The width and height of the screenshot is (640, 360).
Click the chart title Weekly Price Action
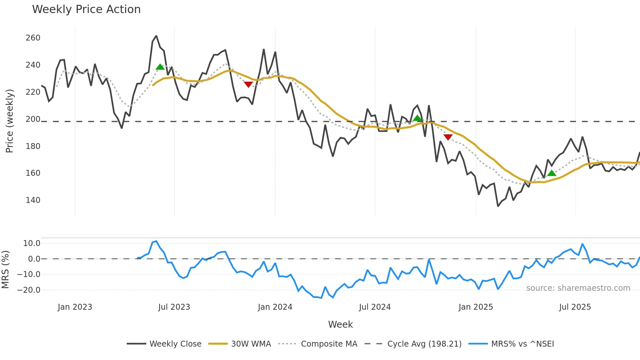(86, 9)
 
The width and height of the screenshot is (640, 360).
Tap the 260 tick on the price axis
(33, 38)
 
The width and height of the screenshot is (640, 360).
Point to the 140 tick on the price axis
(33, 200)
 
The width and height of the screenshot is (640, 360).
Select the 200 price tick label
(33, 119)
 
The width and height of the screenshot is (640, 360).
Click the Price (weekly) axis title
(10, 121)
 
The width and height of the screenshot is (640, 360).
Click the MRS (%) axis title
(5, 270)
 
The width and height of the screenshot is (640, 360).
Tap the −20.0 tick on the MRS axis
(29, 290)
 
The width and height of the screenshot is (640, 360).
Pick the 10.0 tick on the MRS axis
(32, 243)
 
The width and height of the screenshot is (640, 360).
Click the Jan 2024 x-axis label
(275, 307)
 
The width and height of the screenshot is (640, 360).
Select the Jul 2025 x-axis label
(575, 307)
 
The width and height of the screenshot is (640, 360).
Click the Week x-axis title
(340, 324)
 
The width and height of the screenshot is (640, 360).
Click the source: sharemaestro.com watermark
(578, 288)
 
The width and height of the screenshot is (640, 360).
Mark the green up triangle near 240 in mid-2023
(160, 67)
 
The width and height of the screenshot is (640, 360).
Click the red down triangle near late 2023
(248, 85)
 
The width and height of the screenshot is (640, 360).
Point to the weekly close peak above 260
(156, 36)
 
